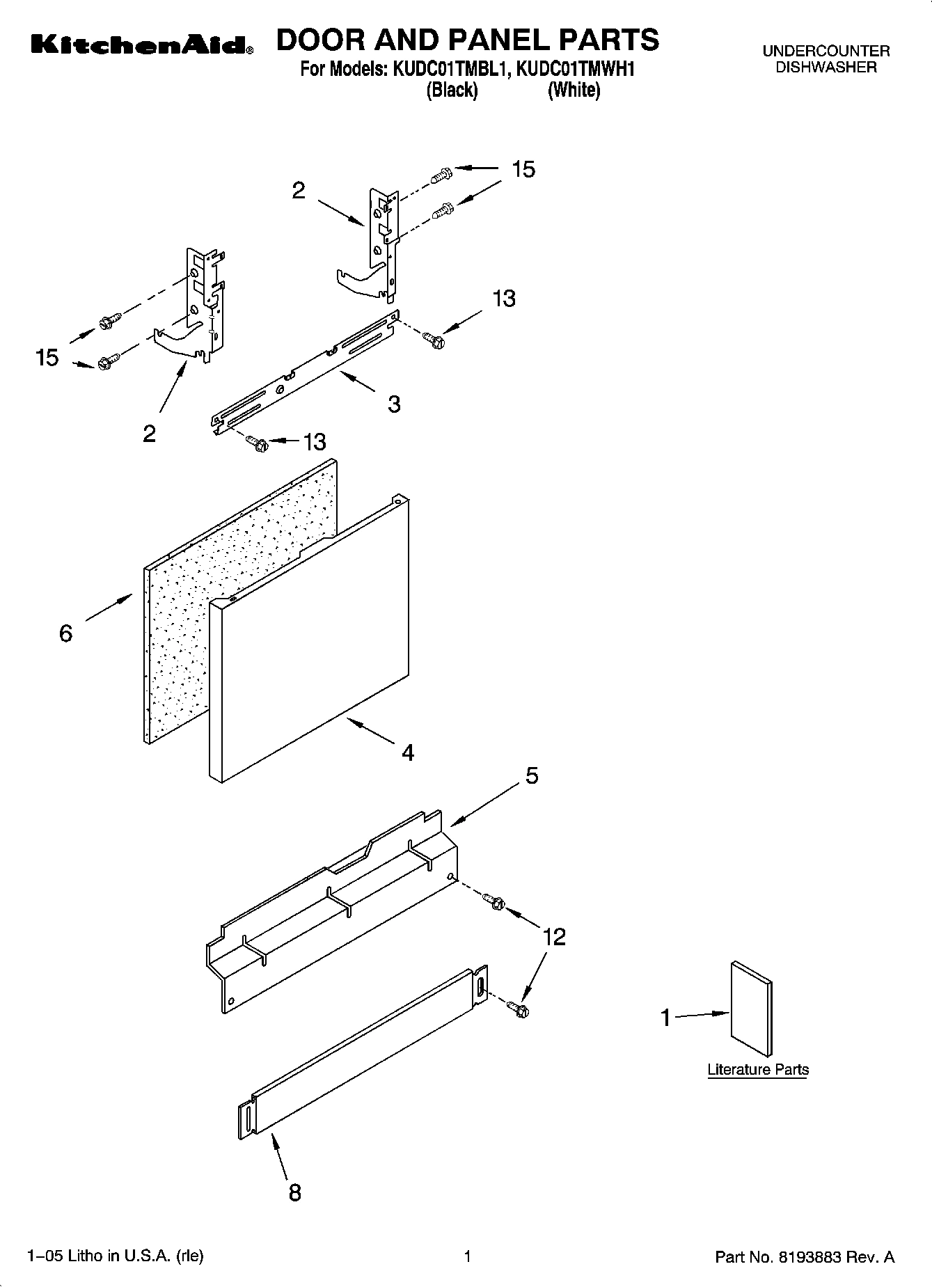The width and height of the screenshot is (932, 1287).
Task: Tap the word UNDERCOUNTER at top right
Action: click(826, 52)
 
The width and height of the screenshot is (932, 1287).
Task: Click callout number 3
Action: click(394, 404)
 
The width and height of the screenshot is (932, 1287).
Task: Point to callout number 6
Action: click(65, 633)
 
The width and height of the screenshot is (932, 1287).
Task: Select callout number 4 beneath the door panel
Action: click(408, 752)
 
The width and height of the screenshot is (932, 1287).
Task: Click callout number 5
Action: click(532, 775)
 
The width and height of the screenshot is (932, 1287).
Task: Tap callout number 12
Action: click(554, 937)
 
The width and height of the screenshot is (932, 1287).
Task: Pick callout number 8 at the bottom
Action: click(295, 1192)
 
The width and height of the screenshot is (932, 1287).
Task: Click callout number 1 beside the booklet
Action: click(665, 1018)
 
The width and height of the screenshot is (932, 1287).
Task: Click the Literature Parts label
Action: click(758, 1070)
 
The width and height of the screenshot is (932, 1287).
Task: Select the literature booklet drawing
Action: click(751, 1009)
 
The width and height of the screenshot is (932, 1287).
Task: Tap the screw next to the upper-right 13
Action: click(433, 339)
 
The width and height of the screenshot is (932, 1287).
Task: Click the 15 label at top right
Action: click(523, 169)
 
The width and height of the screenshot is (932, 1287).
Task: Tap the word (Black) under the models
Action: click(452, 90)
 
